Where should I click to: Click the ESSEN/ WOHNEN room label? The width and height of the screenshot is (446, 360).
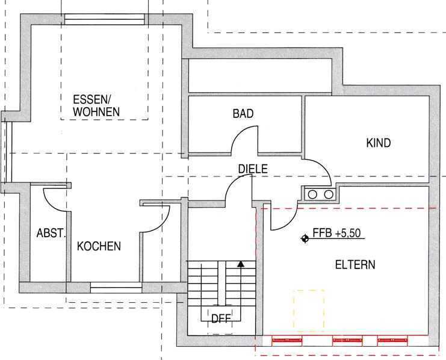(x=96, y=105)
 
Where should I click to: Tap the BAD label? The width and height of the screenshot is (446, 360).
(x=243, y=114)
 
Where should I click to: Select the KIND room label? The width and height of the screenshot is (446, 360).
(x=379, y=143)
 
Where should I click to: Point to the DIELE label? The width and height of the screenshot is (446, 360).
(x=253, y=169)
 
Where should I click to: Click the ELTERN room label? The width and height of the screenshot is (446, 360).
(x=355, y=265)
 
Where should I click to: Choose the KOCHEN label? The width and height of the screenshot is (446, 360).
(x=99, y=246)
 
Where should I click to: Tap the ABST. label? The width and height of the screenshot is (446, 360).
(x=51, y=234)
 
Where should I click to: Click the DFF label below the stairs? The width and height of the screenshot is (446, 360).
(x=221, y=318)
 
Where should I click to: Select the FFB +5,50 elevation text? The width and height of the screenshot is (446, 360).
(x=337, y=233)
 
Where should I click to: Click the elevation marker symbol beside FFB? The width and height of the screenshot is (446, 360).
(x=305, y=238)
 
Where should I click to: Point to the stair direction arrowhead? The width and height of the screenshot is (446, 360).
(x=241, y=264)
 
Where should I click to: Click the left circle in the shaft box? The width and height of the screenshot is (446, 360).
(x=312, y=194)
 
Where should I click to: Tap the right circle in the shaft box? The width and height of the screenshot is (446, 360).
(x=329, y=194)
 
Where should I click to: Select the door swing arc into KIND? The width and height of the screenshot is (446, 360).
(x=323, y=166)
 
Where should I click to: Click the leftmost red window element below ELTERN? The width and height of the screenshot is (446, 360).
(x=286, y=340)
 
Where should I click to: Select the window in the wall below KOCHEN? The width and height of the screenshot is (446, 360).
(x=116, y=287)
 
